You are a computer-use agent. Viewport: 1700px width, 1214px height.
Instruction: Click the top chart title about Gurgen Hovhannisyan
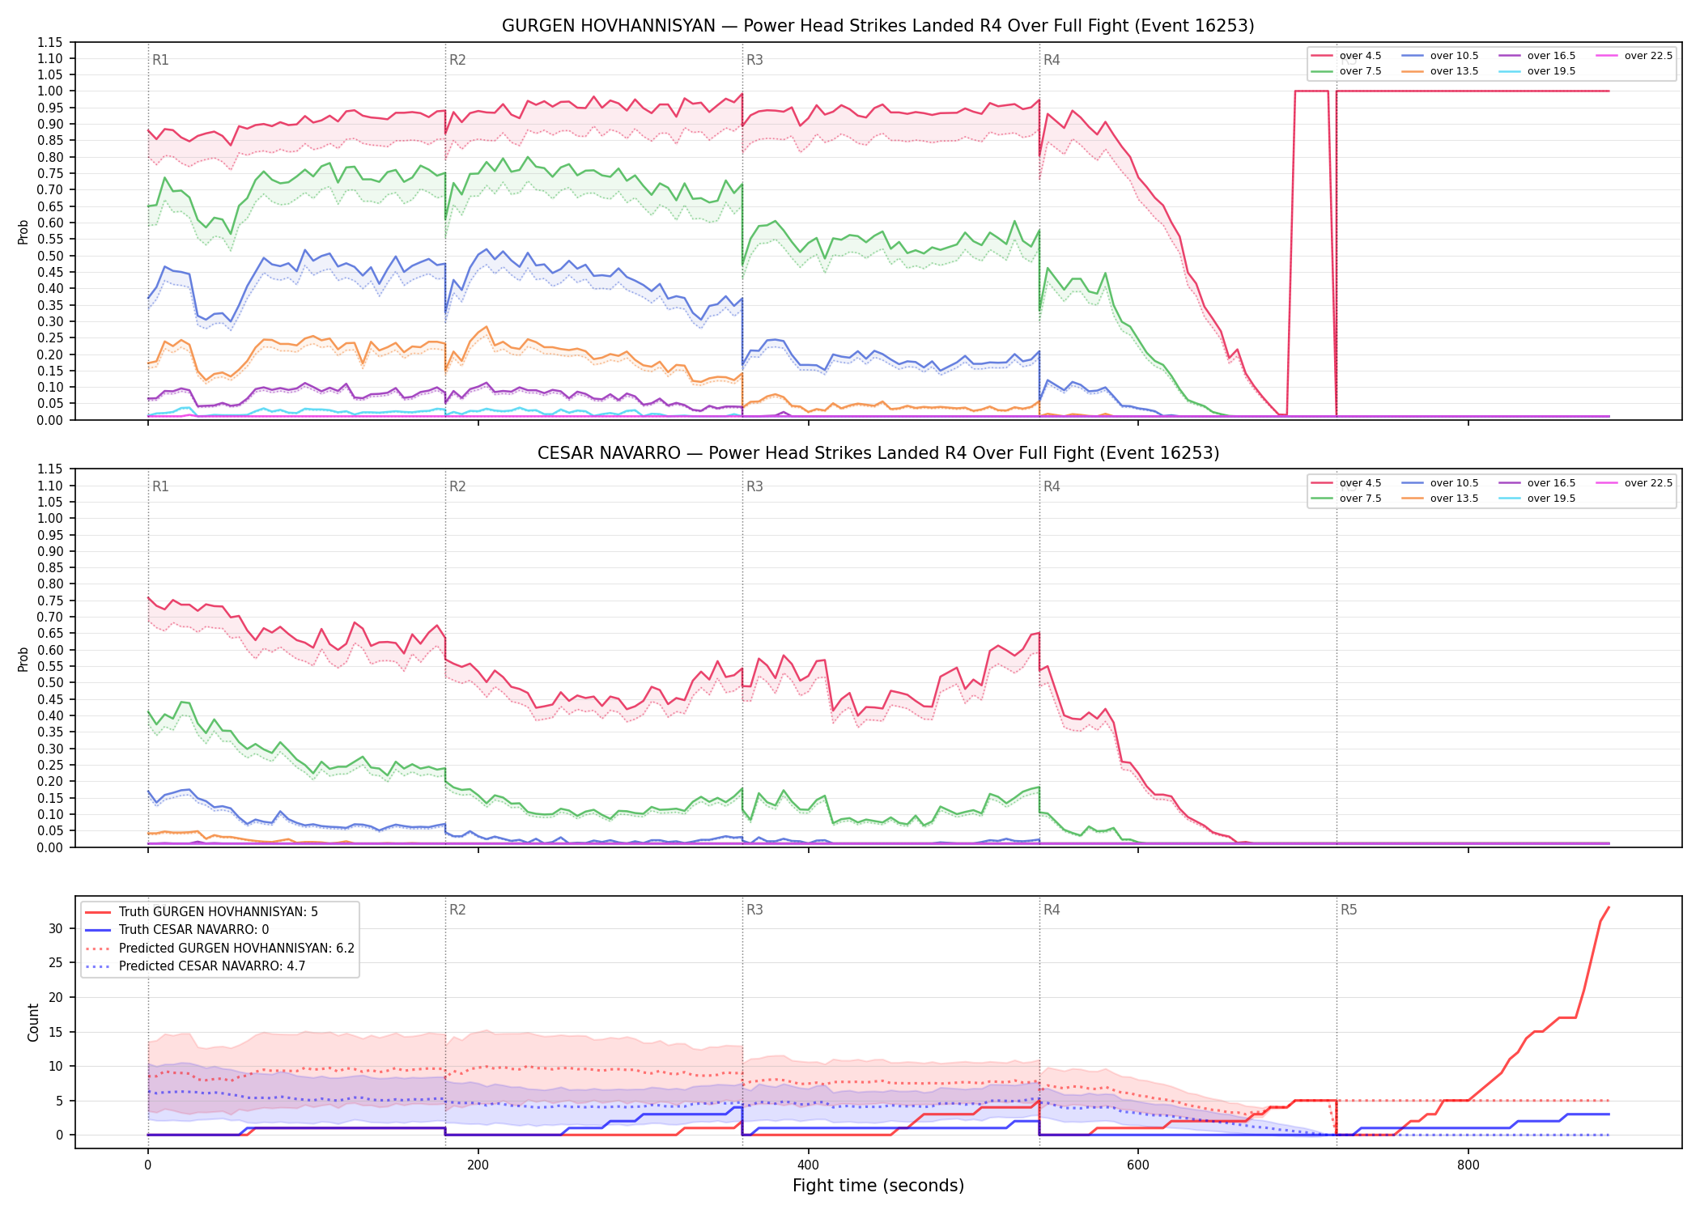point(878,26)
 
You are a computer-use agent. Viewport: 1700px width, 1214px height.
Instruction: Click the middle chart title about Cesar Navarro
point(878,453)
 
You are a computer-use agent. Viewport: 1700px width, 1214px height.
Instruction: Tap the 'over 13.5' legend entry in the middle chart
point(1440,499)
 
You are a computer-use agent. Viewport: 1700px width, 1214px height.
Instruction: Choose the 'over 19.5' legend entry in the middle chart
point(1537,499)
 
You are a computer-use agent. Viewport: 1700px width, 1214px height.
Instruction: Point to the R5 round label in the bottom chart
point(1349,910)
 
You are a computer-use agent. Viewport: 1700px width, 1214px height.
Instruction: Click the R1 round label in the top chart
point(160,60)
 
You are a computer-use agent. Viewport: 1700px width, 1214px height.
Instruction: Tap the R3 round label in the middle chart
point(754,486)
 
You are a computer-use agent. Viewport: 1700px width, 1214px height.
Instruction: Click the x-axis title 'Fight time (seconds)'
point(878,1186)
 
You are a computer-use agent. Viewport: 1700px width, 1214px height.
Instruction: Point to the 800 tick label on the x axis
point(1468,1165)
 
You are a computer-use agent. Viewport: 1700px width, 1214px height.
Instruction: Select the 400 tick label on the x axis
point(808,1165)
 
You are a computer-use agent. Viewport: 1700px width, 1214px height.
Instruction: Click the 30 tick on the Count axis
point(55,928)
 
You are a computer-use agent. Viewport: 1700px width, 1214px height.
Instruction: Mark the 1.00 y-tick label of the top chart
point(50,91)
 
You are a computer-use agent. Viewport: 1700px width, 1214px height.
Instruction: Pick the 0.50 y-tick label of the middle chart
point(50,683)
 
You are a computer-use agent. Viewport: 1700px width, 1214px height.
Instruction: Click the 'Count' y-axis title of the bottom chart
point(33,1022)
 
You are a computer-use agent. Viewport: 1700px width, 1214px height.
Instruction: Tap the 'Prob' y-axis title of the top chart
point(23,231)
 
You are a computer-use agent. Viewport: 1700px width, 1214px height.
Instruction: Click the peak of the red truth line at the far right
point(1609,907)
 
